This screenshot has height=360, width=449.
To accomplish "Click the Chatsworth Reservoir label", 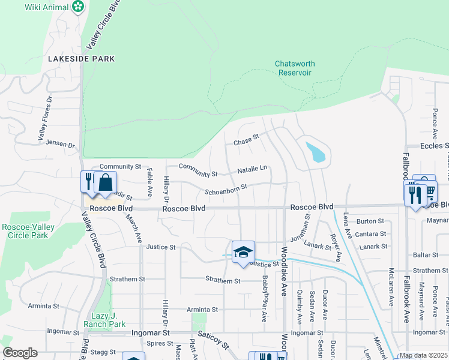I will [x=294, y=68].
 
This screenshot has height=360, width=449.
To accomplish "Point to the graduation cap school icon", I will [x=243, y=251].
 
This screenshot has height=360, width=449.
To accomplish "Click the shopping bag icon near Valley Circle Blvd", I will [x=105, y=182].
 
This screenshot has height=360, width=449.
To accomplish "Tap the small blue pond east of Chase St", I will [x=316, y=153].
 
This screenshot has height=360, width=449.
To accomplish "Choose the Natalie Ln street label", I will [x=252, y=170].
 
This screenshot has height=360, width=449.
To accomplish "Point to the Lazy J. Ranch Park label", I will [x=108, y=320].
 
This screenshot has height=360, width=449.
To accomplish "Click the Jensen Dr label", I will [x=62, y=145].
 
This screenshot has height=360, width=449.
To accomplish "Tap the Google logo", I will [x=20, y=353].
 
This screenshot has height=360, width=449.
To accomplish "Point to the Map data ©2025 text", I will [x=423, y=355].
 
